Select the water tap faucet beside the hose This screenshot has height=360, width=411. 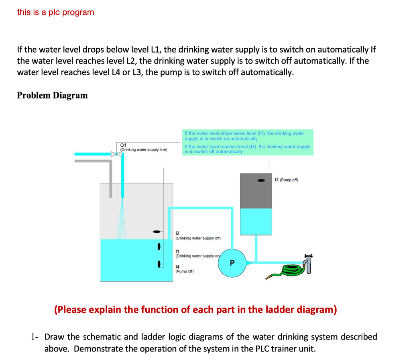308,264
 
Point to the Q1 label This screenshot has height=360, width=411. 124,145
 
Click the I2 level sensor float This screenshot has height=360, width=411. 157,231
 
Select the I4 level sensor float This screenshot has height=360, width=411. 159,264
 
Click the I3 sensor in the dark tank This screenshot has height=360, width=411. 261,180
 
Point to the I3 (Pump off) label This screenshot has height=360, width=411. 286,180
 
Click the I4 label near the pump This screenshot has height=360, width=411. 177,266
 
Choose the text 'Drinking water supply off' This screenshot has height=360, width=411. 198,238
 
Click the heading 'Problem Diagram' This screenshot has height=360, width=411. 52,95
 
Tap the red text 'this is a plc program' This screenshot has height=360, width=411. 56,12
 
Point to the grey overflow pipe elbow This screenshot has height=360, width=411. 109,163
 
